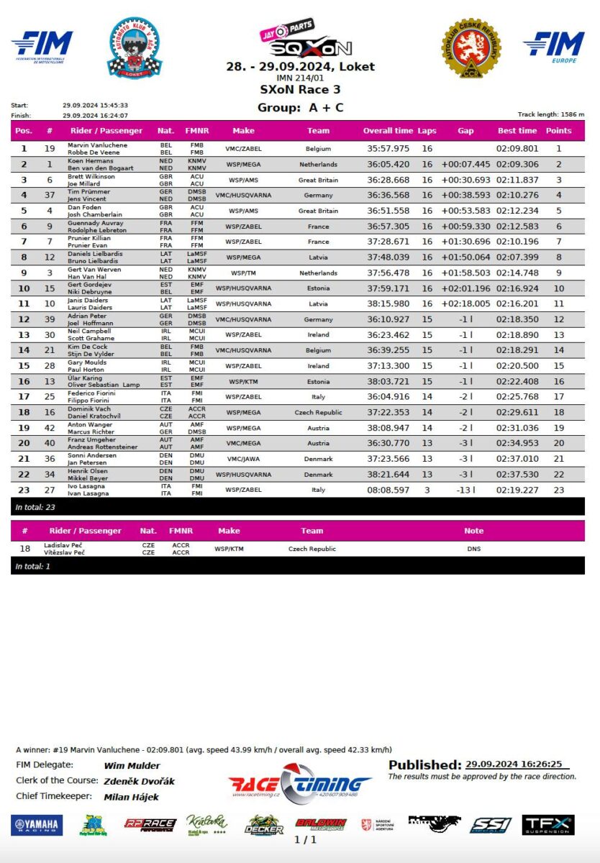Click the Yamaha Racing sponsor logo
pos(37,825)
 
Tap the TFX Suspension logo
pos(548,825)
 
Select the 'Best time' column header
pos(517,131)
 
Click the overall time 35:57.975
pos(388,149)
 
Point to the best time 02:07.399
pos(517,257)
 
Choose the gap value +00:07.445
pos(465,165)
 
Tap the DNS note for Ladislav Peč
pos(473,549)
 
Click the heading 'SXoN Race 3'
pos(300,90)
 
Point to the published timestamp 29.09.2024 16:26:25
pos(514,764)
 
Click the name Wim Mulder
pos(132,766)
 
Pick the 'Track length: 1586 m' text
pos(551,114)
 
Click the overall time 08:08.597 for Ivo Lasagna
pos(388,490)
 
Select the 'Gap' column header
pos(465,131)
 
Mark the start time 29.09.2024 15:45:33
pos(95,106)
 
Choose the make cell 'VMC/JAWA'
pos(233,459)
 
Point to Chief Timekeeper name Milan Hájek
pos(132,797)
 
